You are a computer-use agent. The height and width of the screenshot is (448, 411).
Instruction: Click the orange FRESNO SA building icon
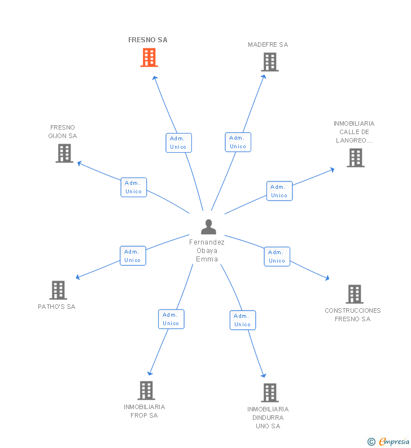tap(149, 57)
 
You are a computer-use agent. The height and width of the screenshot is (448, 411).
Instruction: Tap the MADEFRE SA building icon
tap(270, 62)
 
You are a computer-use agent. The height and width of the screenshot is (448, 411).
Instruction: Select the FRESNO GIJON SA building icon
tap(64, 153)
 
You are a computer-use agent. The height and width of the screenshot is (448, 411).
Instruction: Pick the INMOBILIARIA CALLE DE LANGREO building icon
tap(355, 158)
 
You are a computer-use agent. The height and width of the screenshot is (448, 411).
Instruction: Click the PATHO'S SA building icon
tap(58, 290)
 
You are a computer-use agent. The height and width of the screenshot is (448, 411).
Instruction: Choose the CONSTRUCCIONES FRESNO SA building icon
tap(354, 294)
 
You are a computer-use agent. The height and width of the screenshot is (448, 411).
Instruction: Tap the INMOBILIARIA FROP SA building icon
tap(146, 391)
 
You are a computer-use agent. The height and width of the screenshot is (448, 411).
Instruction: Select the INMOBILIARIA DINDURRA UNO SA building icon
tap(269, 393)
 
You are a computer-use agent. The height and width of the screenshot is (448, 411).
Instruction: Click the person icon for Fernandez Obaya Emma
tap(208, 227)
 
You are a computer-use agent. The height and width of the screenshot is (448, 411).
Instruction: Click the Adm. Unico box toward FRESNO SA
tap(178, 143)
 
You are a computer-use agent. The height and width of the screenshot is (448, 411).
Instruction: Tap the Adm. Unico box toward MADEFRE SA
tap(238, 142)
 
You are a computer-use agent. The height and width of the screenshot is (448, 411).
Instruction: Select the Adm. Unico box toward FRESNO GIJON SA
tap(133, 187)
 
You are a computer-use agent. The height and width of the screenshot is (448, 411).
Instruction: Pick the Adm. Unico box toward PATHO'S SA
tap(133, 256)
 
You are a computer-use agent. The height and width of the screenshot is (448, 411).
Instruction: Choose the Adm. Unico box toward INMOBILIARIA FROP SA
tap(170, 319)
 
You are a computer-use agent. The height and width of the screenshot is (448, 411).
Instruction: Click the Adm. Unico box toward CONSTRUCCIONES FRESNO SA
tap(277, 256)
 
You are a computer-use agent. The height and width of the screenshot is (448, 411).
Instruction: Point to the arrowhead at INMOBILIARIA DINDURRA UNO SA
tap(263, 375)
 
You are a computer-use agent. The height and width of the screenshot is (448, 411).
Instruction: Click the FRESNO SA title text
tap(148, 40)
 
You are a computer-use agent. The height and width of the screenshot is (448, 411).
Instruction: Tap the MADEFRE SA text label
tap(268, 45)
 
